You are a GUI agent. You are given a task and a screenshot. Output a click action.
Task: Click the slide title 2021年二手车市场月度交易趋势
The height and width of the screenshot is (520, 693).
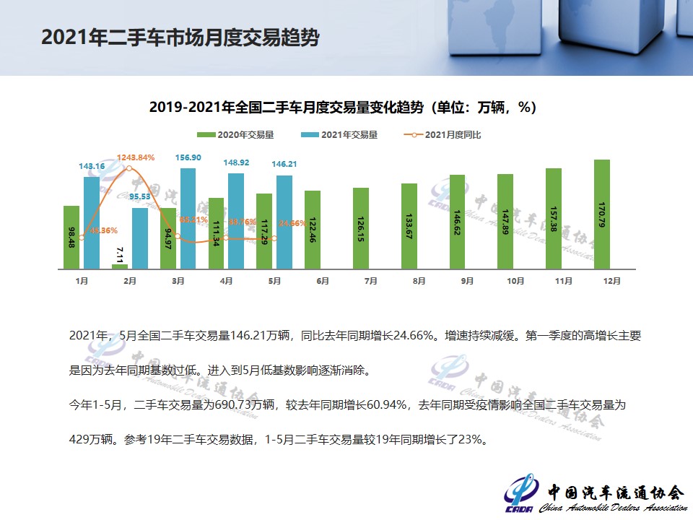coord(180,38)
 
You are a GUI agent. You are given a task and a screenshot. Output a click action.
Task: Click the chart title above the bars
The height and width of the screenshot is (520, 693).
coord(343,108)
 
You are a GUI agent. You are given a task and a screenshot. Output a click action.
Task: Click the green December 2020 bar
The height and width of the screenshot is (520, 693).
coord(602,214)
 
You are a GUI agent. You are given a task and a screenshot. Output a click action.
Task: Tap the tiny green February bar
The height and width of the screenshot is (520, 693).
coord(120,266)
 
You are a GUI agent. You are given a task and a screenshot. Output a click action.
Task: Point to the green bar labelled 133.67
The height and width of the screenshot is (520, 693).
coord(409,225)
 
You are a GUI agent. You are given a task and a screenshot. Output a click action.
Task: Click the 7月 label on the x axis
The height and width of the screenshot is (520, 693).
coord(370,281)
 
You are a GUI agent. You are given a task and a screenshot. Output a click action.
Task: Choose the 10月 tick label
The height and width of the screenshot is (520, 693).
coord(515,281)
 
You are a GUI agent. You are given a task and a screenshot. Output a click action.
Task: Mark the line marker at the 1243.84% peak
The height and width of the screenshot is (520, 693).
coord(128,168)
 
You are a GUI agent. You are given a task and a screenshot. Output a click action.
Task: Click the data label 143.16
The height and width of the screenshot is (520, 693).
coord(92,167)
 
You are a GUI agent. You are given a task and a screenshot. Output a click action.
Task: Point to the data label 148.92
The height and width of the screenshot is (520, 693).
coord(236,162)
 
